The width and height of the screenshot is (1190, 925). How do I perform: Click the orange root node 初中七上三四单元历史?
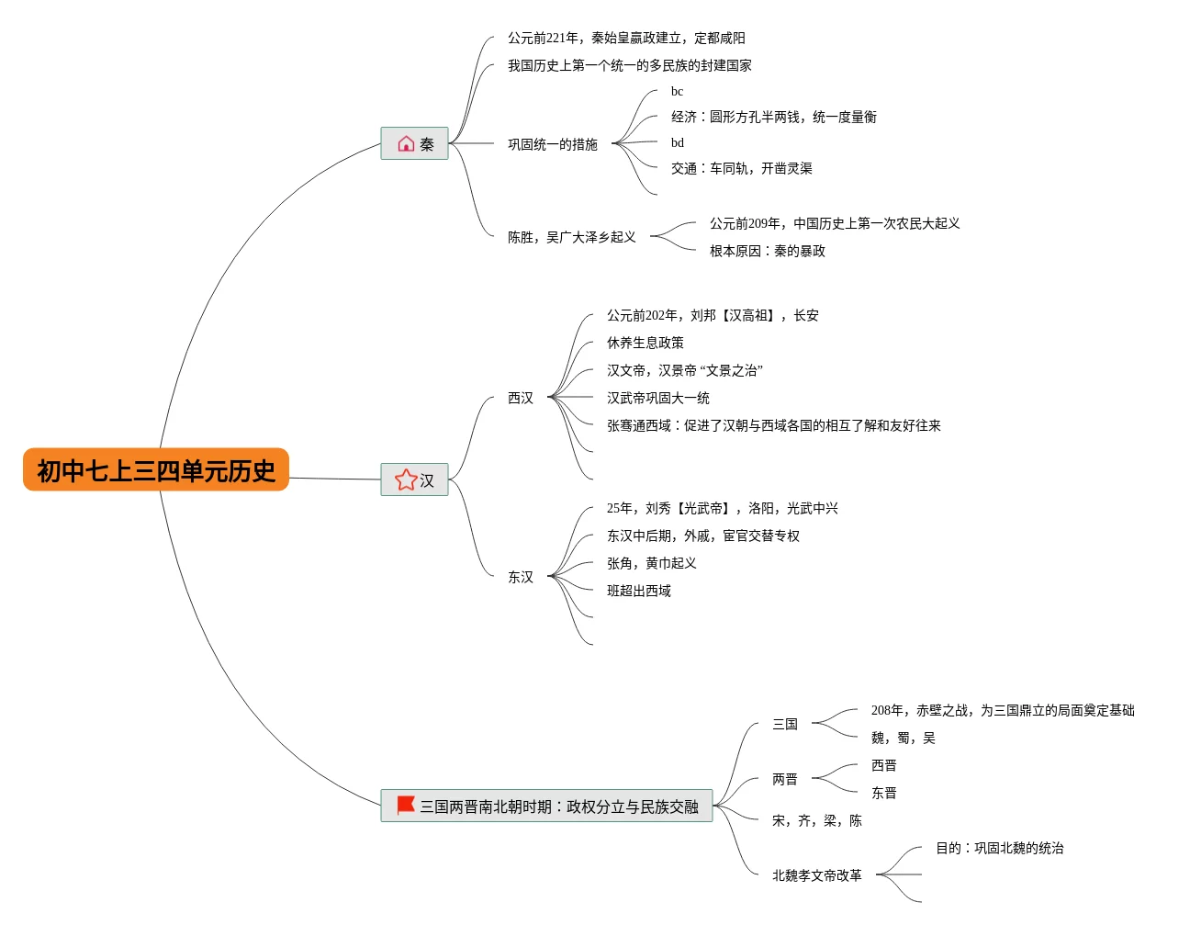click(x=156, y=470)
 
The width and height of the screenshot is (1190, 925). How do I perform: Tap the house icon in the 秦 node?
click(x=406, y=143)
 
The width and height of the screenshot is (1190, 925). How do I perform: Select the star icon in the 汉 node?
click(x=406, y=479)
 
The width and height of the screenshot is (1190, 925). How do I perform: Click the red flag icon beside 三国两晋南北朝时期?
click(x=406, y=805)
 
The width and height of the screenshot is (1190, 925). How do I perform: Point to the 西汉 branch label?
click(x=521, y=398)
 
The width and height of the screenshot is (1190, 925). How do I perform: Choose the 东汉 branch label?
click(x=521, y=577)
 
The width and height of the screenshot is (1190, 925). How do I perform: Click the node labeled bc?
click(x=677, y=91)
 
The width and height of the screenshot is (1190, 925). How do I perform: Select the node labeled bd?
click(x=677, y=142)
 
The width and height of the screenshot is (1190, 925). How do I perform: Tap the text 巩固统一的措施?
click(x=553, y=144)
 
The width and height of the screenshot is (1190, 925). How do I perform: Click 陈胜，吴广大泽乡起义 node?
click(x=572, y=237)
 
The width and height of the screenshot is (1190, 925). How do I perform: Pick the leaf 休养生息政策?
click(x=646, y=343)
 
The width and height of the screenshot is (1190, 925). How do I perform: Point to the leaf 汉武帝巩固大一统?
click(x=658, y=398)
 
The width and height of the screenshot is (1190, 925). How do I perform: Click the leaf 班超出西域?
click(x=639, y=591)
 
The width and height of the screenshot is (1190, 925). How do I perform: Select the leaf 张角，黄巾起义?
click(x=652, y=563)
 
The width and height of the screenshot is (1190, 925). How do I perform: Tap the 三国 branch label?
click(x=785, y=724)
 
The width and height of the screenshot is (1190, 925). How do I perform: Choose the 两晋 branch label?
click(x=785, y=779)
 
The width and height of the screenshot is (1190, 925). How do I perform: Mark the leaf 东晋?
click(x=884, y=793)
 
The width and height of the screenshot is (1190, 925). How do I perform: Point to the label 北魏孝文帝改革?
click(x=817, y=875)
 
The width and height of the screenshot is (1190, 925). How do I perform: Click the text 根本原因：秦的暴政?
click(x=768, y=251)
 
